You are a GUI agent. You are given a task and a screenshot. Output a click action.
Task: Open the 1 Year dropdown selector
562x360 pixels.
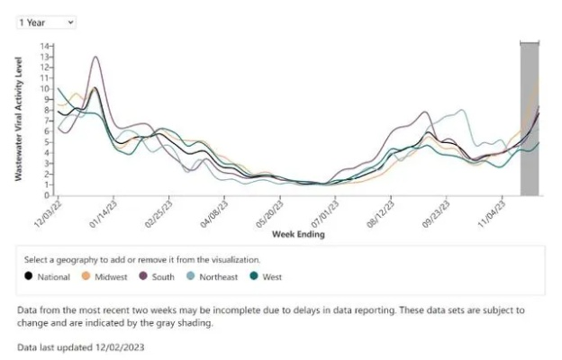tap(46, 22)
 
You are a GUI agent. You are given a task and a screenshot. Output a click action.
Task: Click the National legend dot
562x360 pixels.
tap(29, 276)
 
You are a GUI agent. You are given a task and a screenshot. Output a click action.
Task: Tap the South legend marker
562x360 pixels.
tap(143, 276)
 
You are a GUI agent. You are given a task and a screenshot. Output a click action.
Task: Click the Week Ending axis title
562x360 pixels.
tap(298, 234)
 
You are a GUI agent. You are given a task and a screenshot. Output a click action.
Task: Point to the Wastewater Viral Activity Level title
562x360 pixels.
tap(19, 119)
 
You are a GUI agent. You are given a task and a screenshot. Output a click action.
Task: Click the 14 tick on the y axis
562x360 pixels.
tap(45, 46)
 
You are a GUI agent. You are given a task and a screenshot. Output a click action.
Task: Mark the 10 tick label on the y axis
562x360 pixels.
tap(45, 89)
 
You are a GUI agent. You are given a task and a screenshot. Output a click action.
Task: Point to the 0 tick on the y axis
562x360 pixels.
tap(47, 195)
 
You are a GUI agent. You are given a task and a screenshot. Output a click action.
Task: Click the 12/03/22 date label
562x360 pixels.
tap(48, 214)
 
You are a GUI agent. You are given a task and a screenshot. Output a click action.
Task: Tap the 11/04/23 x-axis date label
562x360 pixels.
tap(492, 214)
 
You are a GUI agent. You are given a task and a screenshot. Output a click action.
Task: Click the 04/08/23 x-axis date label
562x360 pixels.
tap(214, 214)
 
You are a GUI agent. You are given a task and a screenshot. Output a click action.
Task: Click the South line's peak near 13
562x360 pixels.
tap(95, 57)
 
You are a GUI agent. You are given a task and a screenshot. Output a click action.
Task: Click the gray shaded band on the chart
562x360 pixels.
tap(530, 119)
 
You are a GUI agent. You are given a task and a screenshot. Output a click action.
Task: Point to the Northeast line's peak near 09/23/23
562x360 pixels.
tap(461, 110)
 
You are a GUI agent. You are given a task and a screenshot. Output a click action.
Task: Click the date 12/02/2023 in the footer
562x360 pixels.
tap(120, 347)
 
